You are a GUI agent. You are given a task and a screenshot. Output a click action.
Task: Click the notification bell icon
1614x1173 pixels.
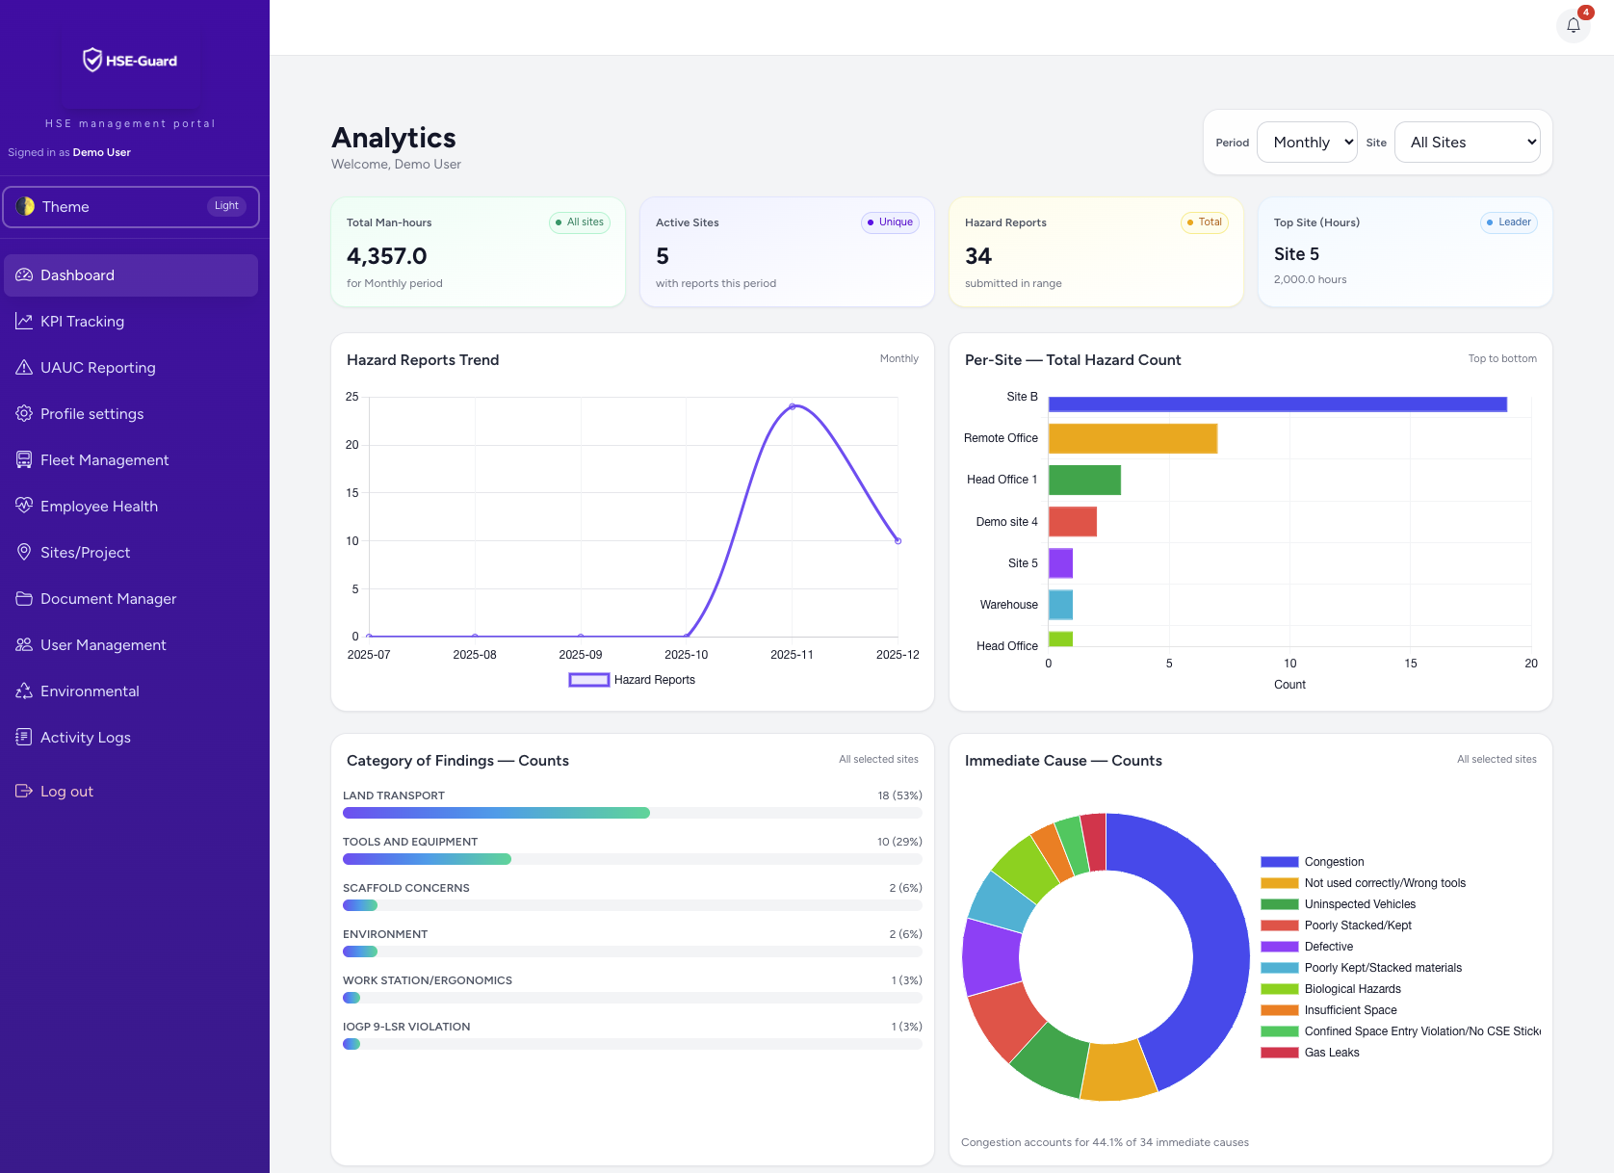tap(1573, 26)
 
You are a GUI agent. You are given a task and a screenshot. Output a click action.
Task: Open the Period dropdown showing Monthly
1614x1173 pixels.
tap(1307, 143)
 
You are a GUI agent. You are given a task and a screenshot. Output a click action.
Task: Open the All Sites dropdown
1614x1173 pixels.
tap(1467, 143)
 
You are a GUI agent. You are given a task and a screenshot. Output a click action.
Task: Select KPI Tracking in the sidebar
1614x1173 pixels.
tap(82, 322)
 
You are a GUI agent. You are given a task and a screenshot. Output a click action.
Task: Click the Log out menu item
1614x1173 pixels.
tap(66, 792)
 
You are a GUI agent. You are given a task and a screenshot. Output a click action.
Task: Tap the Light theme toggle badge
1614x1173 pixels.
tap(226, 206)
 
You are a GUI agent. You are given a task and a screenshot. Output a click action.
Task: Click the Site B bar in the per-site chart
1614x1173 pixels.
tap(1277, 404)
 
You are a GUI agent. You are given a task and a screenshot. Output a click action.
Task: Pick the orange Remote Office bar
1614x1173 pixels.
tap(1132, 438)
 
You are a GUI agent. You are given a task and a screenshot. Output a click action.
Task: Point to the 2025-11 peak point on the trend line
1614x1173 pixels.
tap(793, 406)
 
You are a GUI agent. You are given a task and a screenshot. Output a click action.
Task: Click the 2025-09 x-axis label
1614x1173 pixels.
tap(581, 655)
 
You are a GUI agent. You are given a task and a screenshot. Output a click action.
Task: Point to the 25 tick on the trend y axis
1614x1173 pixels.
tap(352, 397)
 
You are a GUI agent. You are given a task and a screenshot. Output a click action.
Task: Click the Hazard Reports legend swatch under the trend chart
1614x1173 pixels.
tap(588, 680)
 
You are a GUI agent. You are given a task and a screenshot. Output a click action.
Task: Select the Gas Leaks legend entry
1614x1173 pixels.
tap(1331, 1053)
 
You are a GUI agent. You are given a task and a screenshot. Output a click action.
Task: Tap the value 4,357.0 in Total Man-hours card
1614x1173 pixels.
tap(386, 256)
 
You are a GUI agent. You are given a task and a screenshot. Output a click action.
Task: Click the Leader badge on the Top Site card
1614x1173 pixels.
tap(1508, 222)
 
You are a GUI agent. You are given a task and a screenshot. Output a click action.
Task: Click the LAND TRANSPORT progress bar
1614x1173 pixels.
tap(496, 813)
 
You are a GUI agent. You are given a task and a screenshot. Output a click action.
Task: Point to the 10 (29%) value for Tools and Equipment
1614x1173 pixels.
tap(898, 842)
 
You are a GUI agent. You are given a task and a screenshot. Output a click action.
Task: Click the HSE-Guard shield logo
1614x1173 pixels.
tap(92, 60)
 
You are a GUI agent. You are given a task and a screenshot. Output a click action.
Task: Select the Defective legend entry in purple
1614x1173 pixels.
tap(1328, 947)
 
